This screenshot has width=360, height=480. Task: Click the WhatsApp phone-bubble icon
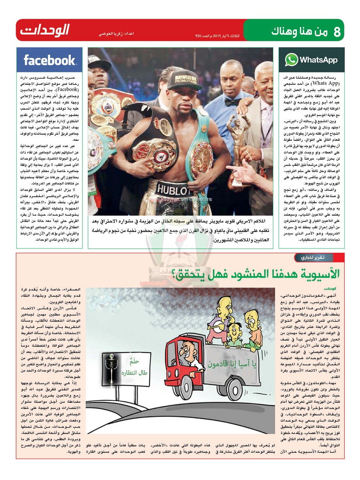[291, 60]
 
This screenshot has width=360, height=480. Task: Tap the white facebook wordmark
[50, 60]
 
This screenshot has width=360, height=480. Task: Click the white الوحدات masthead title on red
[45, 30]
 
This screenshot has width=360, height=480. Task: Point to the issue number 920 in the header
[199, 36]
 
